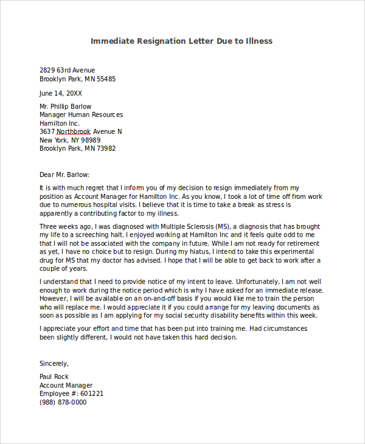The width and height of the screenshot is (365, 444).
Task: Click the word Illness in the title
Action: pyautogui.click(x=259, y=41)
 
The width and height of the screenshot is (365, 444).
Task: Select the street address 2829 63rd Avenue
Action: pyautogui.click(x=68, y=71)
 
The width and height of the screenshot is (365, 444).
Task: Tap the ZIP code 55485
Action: pyautogui.click(x=105, y=79)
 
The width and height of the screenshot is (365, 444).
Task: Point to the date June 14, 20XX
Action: pyautogui.click(x=61, y=94)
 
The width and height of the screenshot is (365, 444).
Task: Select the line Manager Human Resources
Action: pyautogui.click(x=81, y=114)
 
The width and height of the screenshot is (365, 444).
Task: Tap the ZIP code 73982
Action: pyautogui.click(x=105, y=148)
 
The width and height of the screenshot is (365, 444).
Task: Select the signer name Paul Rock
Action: pyautogui.click(x=55, y=376)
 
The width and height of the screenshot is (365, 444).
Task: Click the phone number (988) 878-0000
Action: pyautogui.click(x=63, y=402)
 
